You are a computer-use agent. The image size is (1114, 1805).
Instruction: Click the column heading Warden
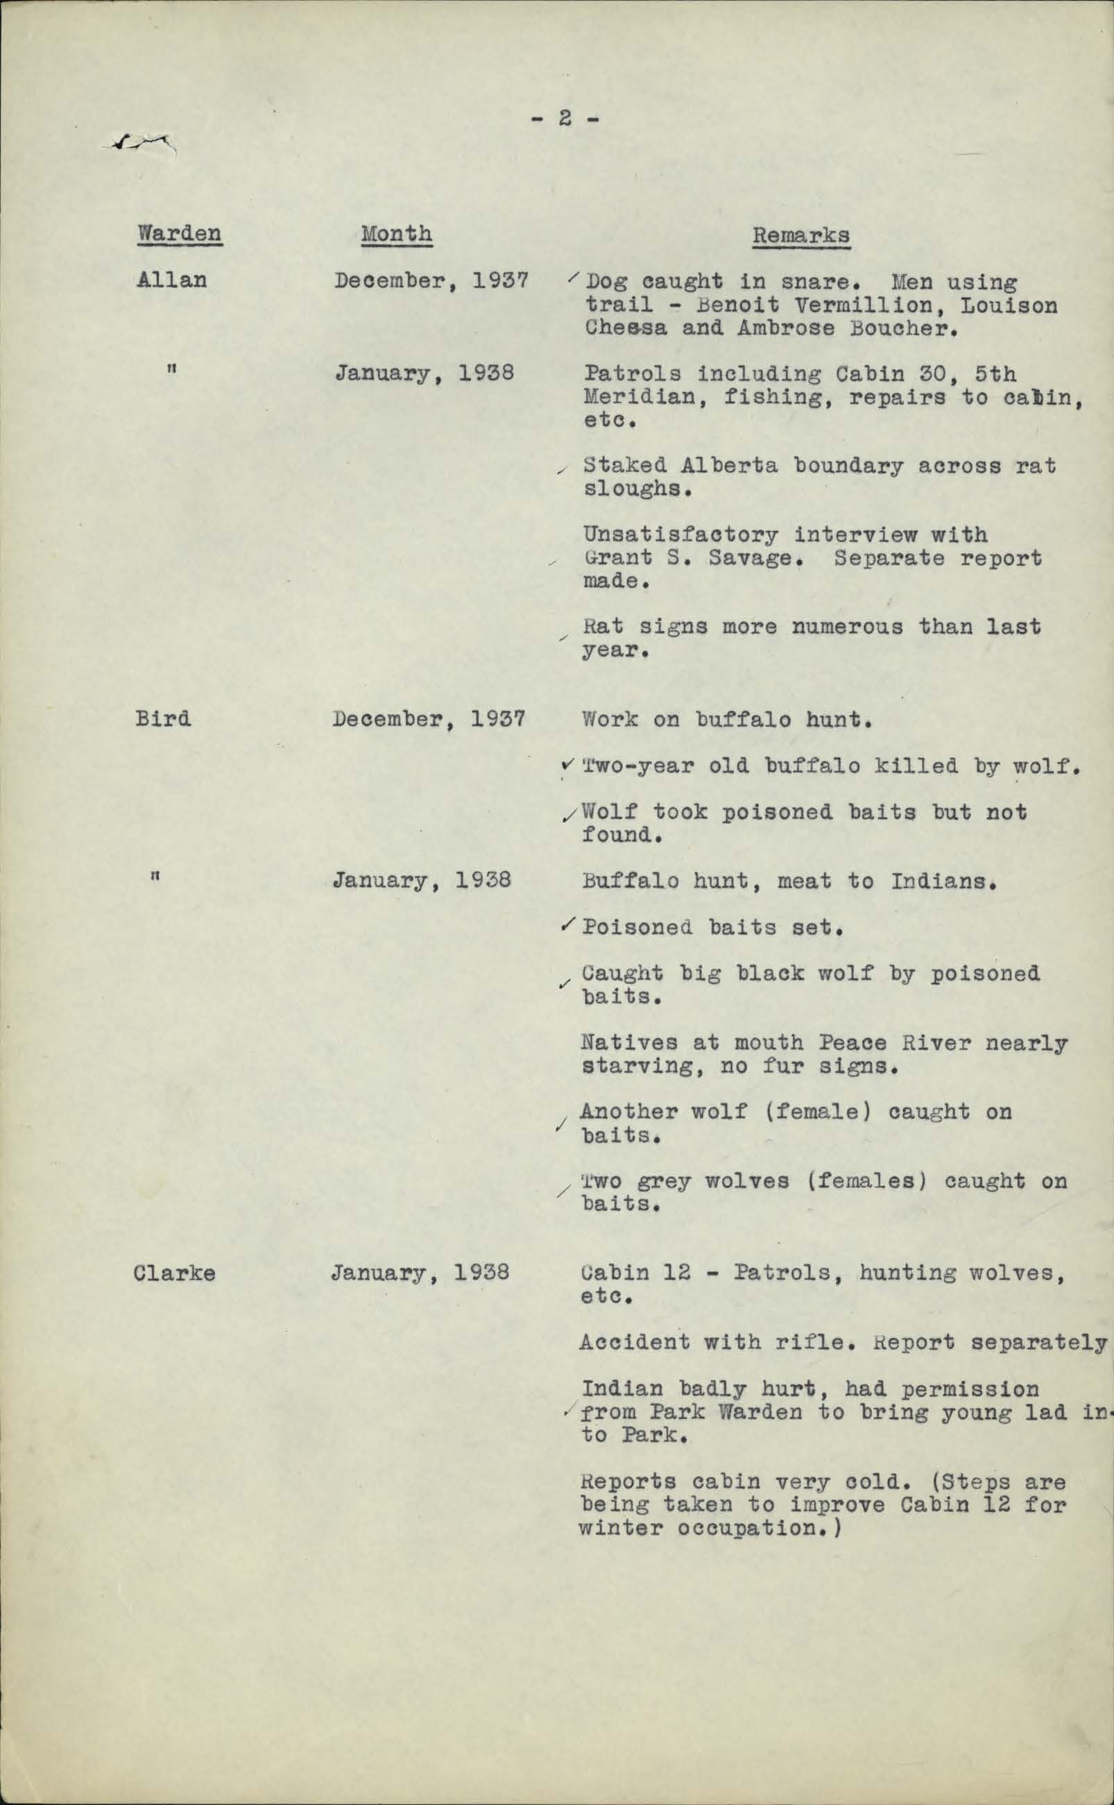(x=179, y=234)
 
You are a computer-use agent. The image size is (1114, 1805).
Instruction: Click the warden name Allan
(x=171, y=280)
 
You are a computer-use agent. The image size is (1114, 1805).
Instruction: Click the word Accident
(x=635, y=1342)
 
